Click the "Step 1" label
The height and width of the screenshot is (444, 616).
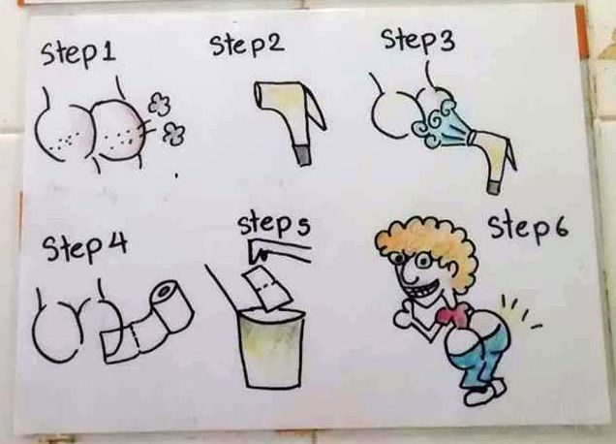click(78, 55)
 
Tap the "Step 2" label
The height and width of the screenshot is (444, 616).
click(247, 45)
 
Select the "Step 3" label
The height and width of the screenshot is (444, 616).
click(418, 40)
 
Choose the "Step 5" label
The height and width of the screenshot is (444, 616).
click(274, 225)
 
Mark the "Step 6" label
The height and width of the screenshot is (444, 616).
click(528, 228)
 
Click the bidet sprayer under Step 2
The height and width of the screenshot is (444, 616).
click(291, 118)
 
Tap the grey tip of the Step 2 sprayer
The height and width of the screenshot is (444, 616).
click(302, 155)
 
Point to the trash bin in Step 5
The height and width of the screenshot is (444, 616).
click(271, 348)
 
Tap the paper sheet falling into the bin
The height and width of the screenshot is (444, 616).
click(267, 289)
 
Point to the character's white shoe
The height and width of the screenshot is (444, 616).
click(484, 394)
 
